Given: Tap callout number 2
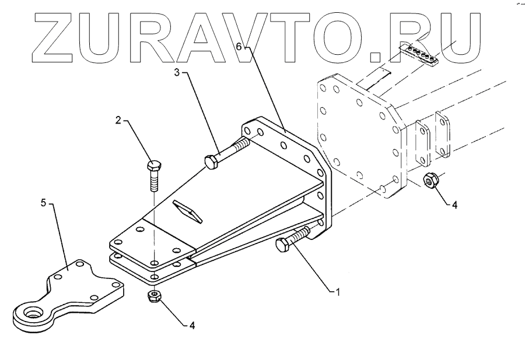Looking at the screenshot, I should (x=118, y=121).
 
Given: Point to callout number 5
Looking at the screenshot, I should (x=43, y=203).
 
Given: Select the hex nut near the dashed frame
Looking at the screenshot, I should (x=430, y=181).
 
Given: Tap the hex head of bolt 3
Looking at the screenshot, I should (x=212, y=161).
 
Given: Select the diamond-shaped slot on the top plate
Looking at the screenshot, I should (x=187, y=212).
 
